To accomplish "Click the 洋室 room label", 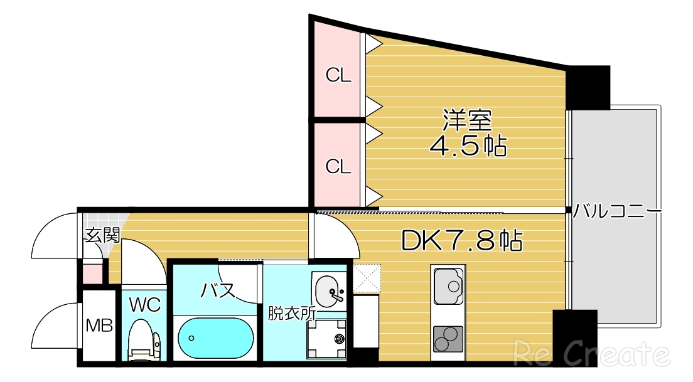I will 467,119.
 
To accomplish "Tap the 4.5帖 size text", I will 468,146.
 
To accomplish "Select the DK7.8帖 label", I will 461,240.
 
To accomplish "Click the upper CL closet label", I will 338,76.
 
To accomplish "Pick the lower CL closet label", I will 338,166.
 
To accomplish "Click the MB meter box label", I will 99,326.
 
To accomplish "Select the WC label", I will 145,305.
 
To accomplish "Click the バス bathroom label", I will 218,290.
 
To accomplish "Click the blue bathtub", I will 215,337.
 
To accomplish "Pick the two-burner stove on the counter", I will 448,339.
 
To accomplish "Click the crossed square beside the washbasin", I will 367,279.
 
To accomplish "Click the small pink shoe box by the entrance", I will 92,274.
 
